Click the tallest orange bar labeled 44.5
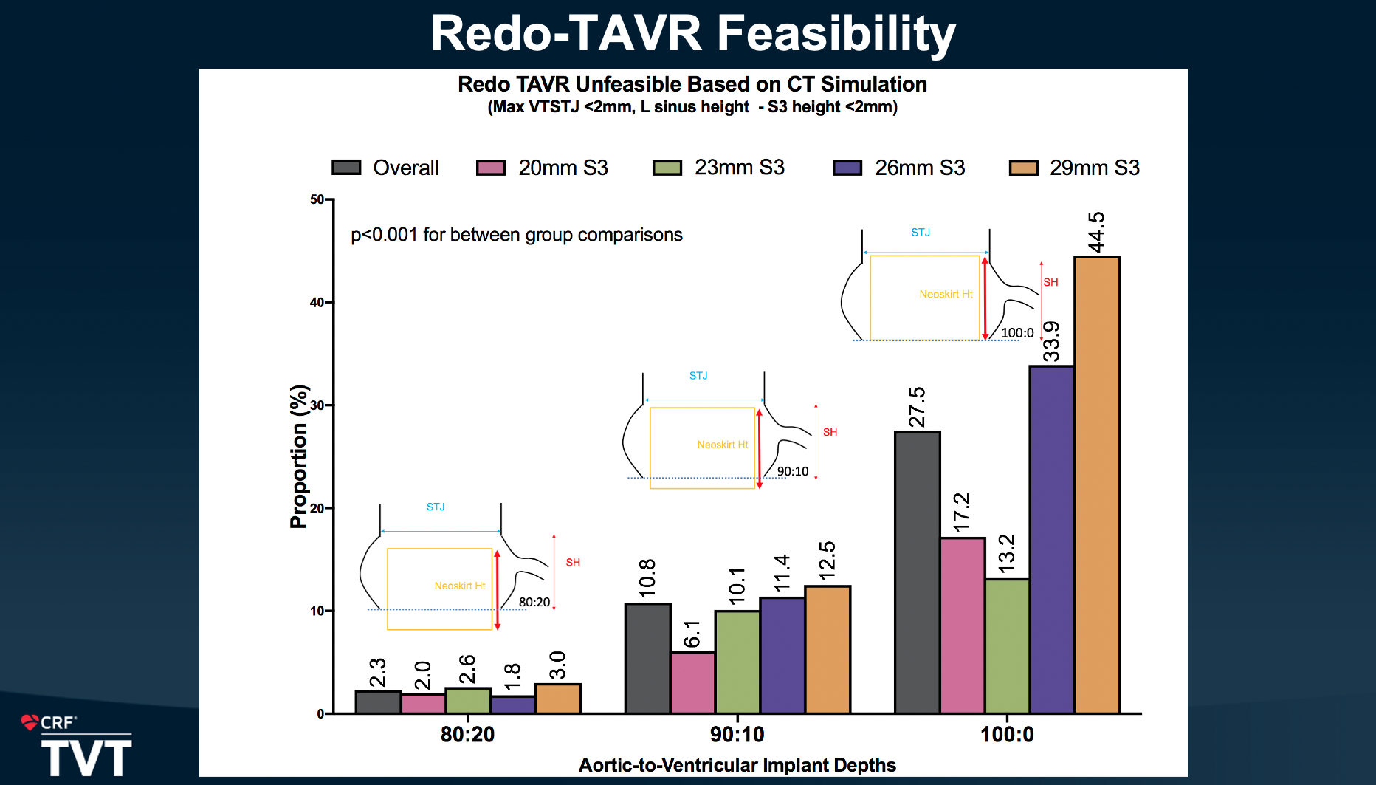pyautogui.click(x=1097, y=484)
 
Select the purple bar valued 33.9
pyautogui.click(x=1052, y=539)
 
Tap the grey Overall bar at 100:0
pyautogui.click(x=918, y=572)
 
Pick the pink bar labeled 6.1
pyautogui.click(x=692, y=682)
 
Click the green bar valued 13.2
pyautogui.click(x=1007, y=646)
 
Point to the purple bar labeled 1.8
pyautogui.click(x=513, y=705)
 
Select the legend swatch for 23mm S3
pyautogui.click(x=667, y=168)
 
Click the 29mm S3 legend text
pyautogui.click(x=1094, y=168)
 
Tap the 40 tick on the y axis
pyautogui.click(x=317, y=302)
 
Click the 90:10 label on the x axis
pyautogui.click(x=737, y=734)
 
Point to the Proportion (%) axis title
pyautogui.click(x=298, y=456)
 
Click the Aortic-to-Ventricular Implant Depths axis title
pyautogui.click(x=737, y=765)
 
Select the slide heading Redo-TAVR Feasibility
pyautogui.click(x=692, y=33)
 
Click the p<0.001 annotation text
pyautogui.click(x=516, y=235)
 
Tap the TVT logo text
pyautogui.click(x=86, y=758)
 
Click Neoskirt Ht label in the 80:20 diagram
pyautogui.click(x=459, y=586)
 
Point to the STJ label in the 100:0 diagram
pyautogui.click(x=920, y=233)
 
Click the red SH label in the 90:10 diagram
pyautogui.click(x=830, y=432)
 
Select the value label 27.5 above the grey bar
pyautogui.click(x=917, y=407)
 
